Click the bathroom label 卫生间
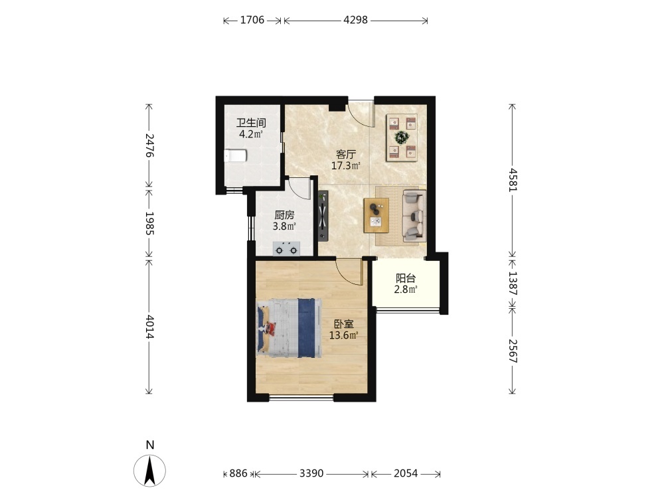[251, 124]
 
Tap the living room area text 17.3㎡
[345, 165]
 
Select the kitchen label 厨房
[284, 215]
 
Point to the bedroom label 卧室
[344, 325]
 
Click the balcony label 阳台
[406, 278]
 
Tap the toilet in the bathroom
[235, 156]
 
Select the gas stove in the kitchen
[286, 248]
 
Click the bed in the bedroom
[289, 328]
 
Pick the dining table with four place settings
[402, 137]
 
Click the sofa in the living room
[414, 216]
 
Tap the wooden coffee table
[376, 215]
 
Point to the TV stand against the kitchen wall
[323, 216]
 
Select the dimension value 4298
[355, 20]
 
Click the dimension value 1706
[252, 20]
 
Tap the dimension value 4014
[149, 327]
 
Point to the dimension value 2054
[406, 473]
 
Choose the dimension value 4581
[513, 180]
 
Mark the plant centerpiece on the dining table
[402, 137]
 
